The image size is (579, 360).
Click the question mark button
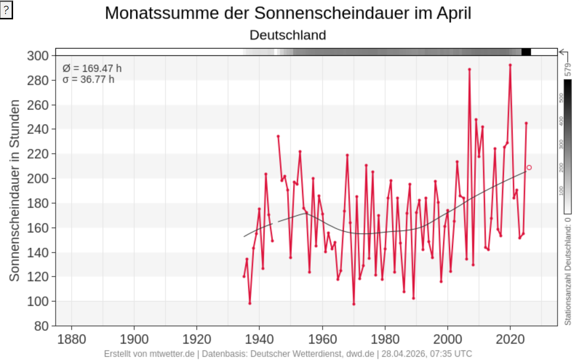coord(6,10)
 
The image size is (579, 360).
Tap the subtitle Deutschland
coord(288,35)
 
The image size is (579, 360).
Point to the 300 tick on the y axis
coord(38,56)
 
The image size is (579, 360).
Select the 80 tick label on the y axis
coord(41,326)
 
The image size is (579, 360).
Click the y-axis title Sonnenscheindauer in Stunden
coord(15,190)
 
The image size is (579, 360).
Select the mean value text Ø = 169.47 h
coord(92,68)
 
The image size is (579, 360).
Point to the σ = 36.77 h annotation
coord(89,79)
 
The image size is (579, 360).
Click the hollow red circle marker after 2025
coord(529,168)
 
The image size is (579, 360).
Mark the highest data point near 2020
coord(510,65)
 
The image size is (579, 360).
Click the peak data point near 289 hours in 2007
coord(469,69)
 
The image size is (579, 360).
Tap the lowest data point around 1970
coord(354,304)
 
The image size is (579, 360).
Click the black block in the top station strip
coord(526,52)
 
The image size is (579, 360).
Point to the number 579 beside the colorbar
coord(568,69)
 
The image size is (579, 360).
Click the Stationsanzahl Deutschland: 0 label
coord(568,271)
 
